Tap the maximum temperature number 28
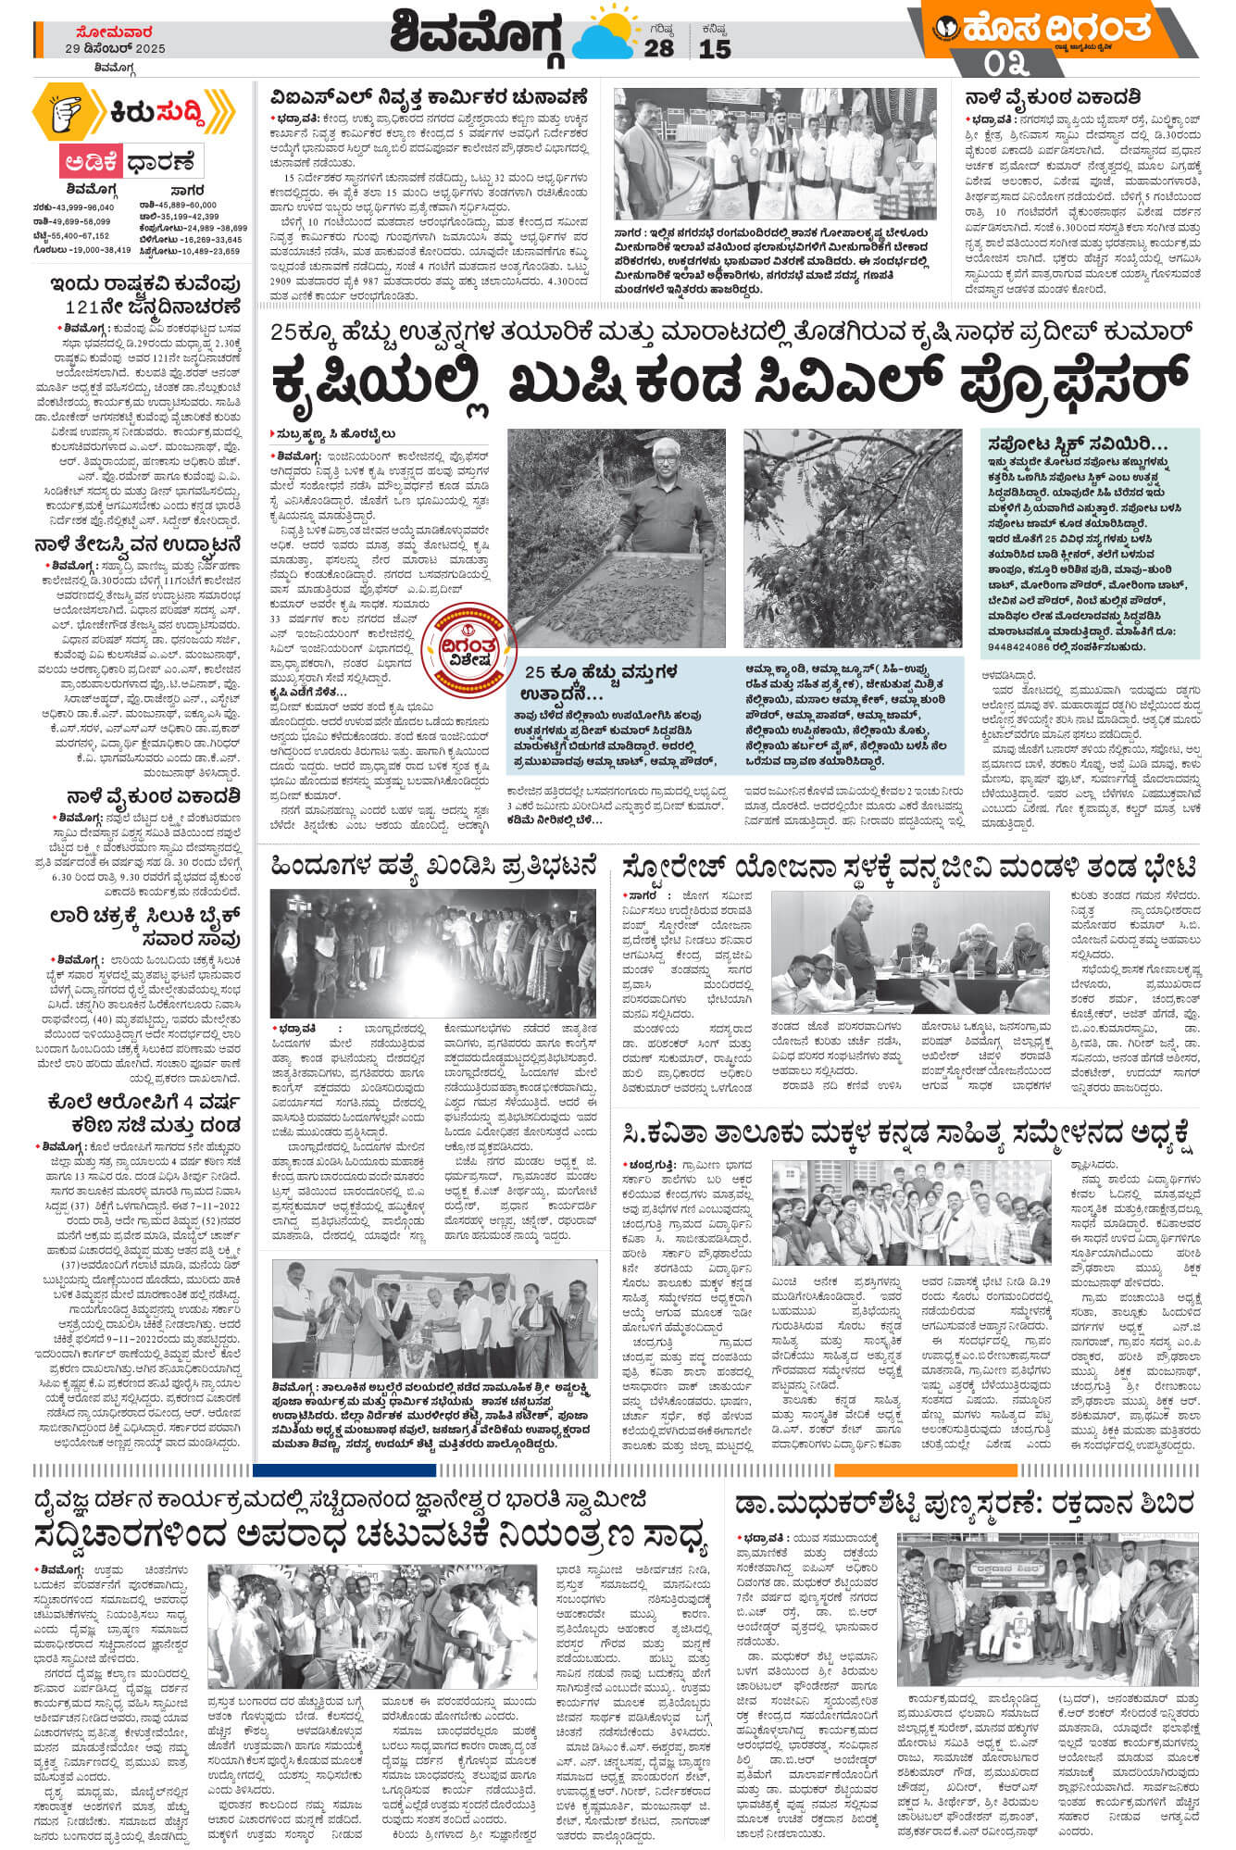click(x=659, y=48)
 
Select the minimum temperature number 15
click(x=715, y=48)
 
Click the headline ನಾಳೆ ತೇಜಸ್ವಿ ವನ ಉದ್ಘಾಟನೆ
click(x=138, y=544)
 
